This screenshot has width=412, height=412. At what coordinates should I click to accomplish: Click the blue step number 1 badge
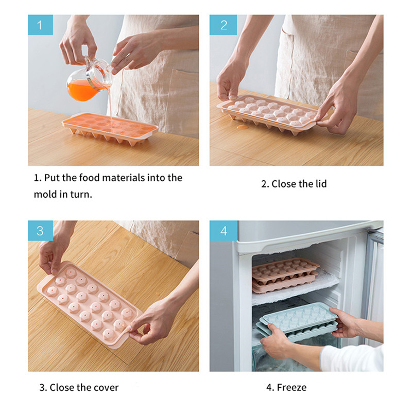click(x=41, y=25)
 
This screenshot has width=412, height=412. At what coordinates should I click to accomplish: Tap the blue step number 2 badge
click(x=223, y=25)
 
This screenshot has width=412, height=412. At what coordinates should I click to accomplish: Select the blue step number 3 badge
click(x=41, y=231)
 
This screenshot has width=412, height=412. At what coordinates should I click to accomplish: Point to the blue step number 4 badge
click(x=224, y=231)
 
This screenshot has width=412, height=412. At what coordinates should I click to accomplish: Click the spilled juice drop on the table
click(x=242, y=127)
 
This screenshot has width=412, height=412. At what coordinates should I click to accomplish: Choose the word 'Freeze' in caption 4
click(x=291, y=387)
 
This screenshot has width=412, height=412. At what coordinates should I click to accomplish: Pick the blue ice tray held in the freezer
click(x=299, y=321)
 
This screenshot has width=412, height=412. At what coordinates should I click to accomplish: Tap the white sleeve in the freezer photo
click(x=352, y=358)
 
